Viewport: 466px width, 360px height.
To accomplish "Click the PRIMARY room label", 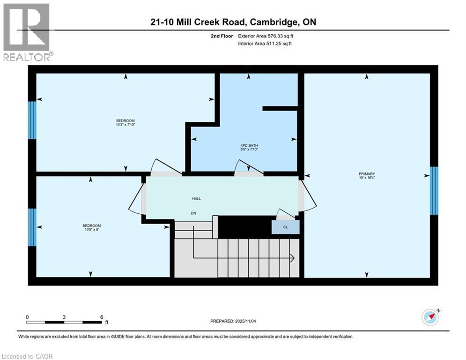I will pos(367,173).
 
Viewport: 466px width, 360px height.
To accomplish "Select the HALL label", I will pos(196,199).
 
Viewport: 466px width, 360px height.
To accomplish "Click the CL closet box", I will pos(286,227).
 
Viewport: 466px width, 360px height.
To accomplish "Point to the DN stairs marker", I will pos(193,213).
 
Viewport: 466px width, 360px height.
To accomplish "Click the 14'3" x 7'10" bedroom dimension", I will pos(126,124).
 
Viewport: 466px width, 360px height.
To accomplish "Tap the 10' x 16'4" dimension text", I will pos(367,178).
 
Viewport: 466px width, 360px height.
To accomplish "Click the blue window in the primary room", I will pos(434,190).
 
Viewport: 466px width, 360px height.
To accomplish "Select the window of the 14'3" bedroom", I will pos(32,120).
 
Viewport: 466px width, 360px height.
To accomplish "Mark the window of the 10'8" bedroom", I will pos(32,227).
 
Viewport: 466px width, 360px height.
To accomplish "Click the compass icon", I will pos(430,317).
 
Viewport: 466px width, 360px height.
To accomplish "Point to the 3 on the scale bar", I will pos(64,317).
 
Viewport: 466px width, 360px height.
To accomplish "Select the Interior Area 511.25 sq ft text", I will pos(266,44).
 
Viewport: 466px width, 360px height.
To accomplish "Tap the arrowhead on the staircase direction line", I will pos(291,258).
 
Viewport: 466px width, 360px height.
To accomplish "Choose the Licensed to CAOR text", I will pos(27,356).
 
